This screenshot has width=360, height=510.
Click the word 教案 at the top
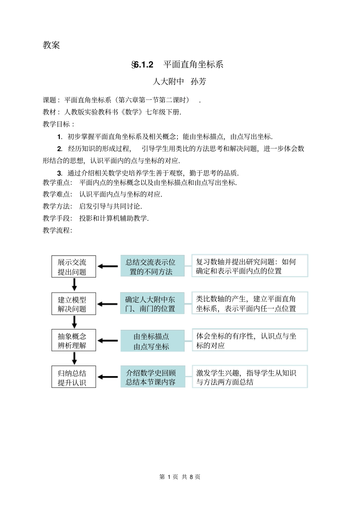pyautogui.click(x=51, y=45)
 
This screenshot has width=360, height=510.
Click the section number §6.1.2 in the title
pyautogui.click(x=142, y=65)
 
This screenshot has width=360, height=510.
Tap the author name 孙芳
pyautogui.click(x=199, y=82)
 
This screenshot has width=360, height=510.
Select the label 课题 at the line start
pyautogui.click(x=49, y=100)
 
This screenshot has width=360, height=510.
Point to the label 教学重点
pyautogui.click(x=56, y=182)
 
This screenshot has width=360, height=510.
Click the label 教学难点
pyautogui.click(x=56, y=195)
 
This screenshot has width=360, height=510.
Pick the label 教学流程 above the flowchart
pyautogui.click(x=56, y=230)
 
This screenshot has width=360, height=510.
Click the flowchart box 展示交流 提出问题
pyautogui.click(x=74, y=267)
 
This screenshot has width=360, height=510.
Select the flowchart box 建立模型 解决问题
pyautogui.click(x=74, y=304)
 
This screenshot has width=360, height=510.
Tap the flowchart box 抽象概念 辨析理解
pyautogui.click(x=74, y=341)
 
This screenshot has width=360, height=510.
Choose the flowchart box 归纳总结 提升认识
pyautogui.click(x=74, y=377)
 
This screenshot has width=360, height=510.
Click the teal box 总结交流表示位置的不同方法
pyautogui.click(x=152, y=266)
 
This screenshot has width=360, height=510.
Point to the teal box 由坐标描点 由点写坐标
pyautogui.click(x=152, y=341)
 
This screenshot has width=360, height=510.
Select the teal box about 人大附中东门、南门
pyautogui.click(x=152, y=303)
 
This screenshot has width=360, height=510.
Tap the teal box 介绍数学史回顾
pyautogui.click(x=152, y=377)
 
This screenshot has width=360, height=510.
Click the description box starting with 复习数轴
pyautogui.click(x=250, y=266)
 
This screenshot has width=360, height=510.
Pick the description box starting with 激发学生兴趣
pyautogui.click(x=250, y=377)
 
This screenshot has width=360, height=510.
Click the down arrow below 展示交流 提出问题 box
pyautogui.click(x=74, y=284)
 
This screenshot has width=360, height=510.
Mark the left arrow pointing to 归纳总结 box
pyautogui.click(x=108, y=377)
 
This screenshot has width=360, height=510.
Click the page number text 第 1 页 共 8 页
pyautogui.click(x=180, y=477)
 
